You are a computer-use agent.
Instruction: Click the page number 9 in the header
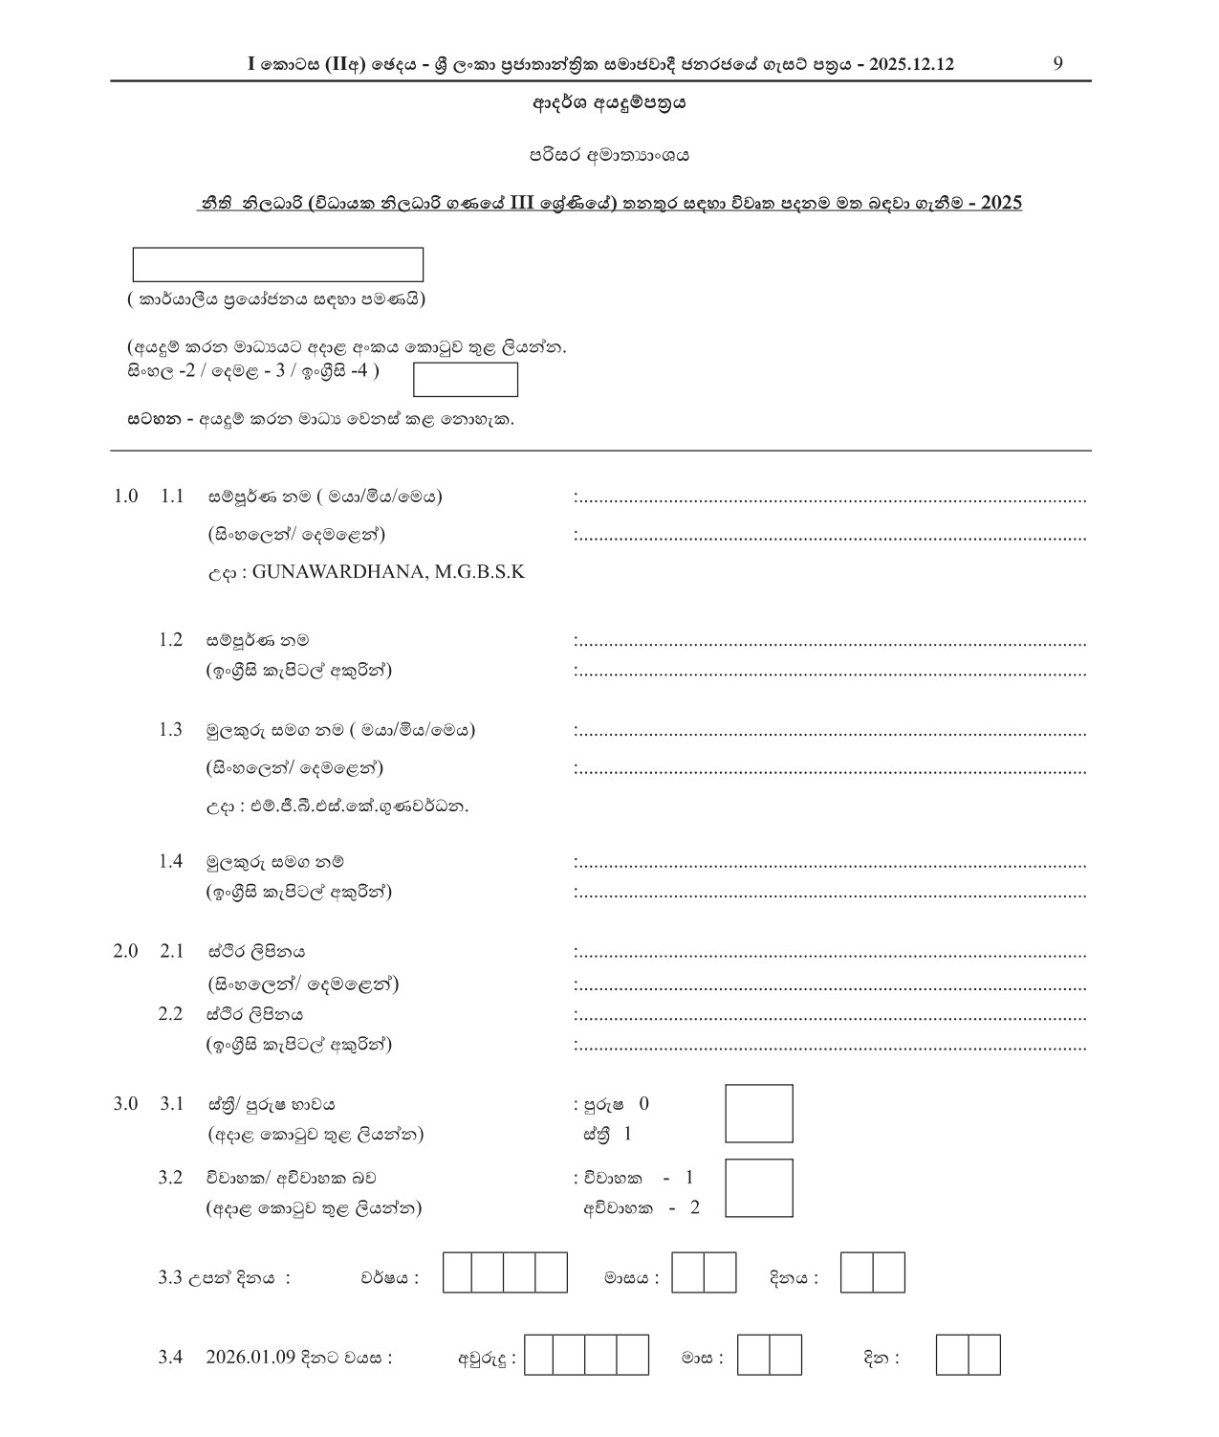1057,64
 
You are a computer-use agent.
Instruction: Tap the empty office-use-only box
277,265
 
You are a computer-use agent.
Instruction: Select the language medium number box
466,380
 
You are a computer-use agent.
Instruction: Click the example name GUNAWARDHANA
336,572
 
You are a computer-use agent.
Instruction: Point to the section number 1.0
125,497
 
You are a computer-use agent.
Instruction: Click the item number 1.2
170,640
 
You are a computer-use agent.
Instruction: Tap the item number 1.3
170,730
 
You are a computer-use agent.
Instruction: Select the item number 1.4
170,862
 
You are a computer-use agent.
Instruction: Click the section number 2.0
125,951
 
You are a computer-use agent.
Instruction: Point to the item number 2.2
170,1014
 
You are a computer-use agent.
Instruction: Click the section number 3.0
125,1103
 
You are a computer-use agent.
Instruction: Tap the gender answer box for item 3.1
759,1114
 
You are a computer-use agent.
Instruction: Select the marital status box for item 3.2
759,1188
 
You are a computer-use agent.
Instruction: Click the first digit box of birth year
458,1272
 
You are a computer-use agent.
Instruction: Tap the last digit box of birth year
551,1272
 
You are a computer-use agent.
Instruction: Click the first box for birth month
687,1272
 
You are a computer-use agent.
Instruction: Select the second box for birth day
888,1272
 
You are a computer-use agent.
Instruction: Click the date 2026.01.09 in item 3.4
250,1358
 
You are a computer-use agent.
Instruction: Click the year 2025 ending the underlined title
1001,203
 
